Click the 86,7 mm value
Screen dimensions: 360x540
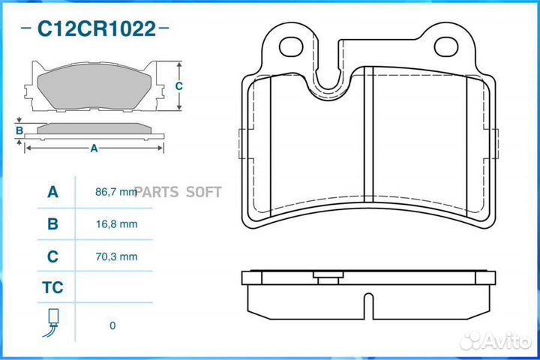tap(116, 192)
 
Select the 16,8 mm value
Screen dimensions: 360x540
tap(116, 223)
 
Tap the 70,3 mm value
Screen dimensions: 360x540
tap(116, 256)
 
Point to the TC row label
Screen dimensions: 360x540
tap(52, 288)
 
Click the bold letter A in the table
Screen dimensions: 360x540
tap(52, 192)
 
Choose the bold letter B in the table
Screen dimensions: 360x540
tap(52, 223)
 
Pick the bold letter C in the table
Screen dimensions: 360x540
tap(52, 256)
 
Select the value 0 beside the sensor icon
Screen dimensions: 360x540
tap(112, 325)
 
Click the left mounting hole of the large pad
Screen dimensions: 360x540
tap(291, 46)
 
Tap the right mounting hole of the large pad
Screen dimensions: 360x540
tap(448, 46)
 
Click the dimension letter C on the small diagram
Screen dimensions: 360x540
tap(178, 85)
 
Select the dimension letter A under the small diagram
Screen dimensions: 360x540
tap(94, 148)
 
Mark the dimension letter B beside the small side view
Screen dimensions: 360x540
tap(19, 130)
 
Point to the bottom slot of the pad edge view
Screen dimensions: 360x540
tap(368, 303)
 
